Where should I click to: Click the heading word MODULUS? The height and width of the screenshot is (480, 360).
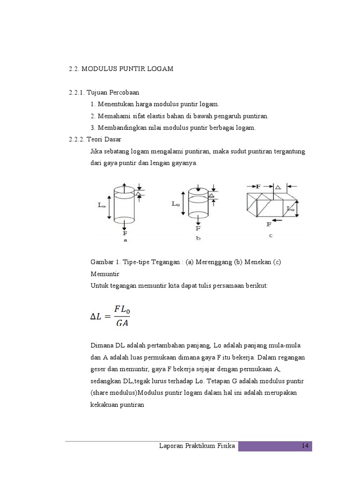101,69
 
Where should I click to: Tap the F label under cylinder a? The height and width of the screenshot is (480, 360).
125,232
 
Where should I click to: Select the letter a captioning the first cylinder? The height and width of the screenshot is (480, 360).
125,240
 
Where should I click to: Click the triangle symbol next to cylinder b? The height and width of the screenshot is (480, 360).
212,195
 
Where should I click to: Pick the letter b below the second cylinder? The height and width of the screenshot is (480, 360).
198,238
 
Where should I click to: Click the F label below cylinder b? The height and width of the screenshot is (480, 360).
198,228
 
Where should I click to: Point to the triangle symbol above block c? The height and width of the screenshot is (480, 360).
278,187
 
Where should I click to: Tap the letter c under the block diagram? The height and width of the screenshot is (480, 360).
270,235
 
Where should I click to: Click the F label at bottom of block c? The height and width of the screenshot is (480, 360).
269,224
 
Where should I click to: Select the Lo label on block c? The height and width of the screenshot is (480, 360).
291,208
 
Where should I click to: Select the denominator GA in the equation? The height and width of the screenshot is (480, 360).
122,323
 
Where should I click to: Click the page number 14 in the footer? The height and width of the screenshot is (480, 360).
305,446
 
